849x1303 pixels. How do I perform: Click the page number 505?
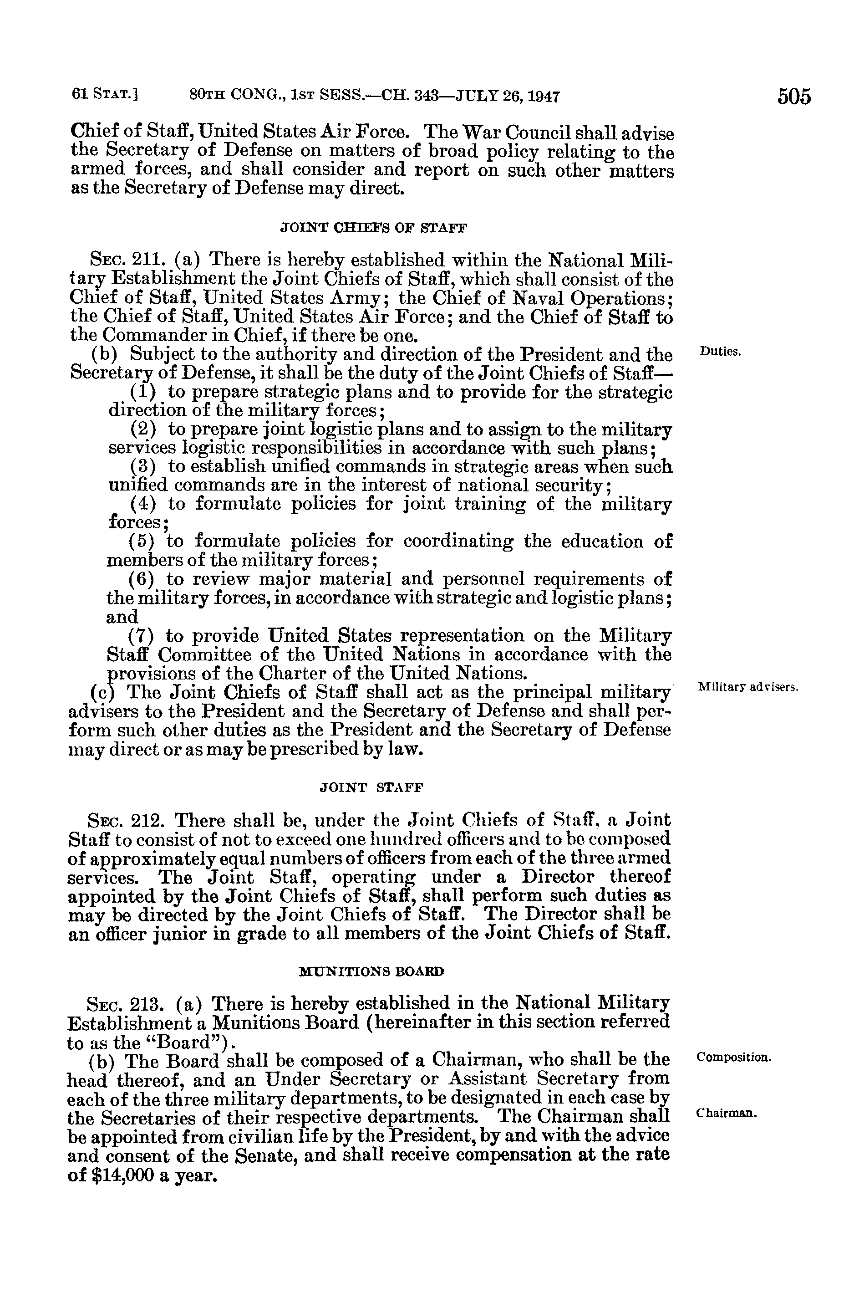pos(793,97)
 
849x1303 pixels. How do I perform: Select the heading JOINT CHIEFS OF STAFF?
pos(374,228)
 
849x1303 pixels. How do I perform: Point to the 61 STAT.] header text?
pos(104,97)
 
